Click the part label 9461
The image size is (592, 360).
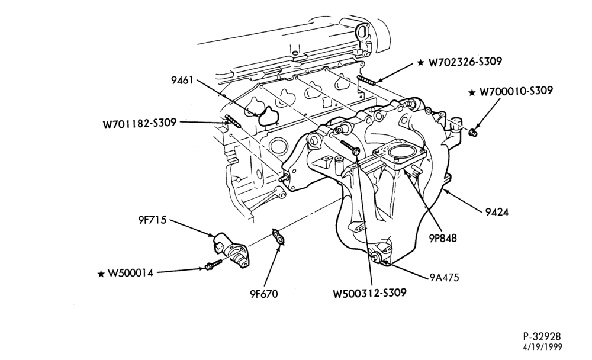[x=182, y=80]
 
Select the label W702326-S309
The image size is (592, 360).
[x=465, y=62]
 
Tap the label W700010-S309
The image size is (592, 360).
[x=516, y=91]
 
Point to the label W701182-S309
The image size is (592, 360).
[x=140, y=123]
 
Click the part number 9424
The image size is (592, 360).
[x=497, y=212]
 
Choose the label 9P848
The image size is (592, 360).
[x=442, y=238]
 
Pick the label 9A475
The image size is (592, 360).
[x=444, y=278]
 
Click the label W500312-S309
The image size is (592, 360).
[x=369, y=292]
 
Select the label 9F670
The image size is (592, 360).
[x=263, y=294]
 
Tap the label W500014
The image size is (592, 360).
[x=130, y=273]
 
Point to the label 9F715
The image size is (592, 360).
[x=152, y=220]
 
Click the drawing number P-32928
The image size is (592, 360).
[x=542, y=336]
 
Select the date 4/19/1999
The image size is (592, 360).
[x=542, y=347]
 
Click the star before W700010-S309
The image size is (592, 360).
[x=472, y=92]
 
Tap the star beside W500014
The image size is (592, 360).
[x=101, y=274]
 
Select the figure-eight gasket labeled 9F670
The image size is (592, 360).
[x=279, y=236]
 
